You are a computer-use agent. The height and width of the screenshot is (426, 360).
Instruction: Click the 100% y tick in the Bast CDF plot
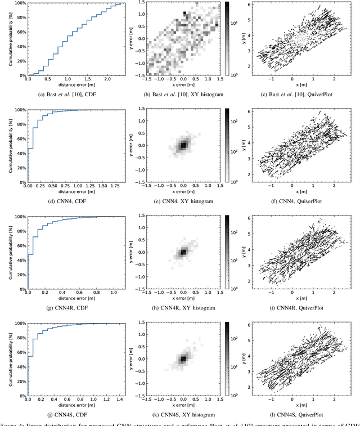[19, 3]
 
